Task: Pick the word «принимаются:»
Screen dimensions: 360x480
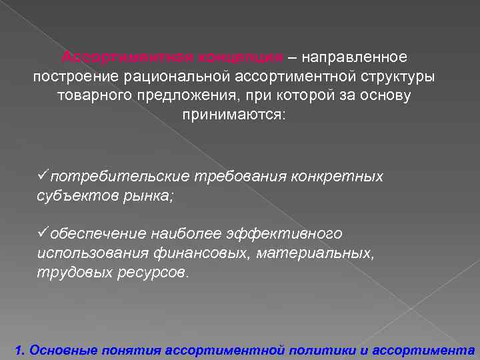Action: pyautogui.click(x=233, y=115)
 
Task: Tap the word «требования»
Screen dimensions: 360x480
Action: pyautogui.click(x=239, y=177)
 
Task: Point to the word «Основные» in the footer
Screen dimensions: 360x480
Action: pyautogui.click(x=63, y=349)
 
